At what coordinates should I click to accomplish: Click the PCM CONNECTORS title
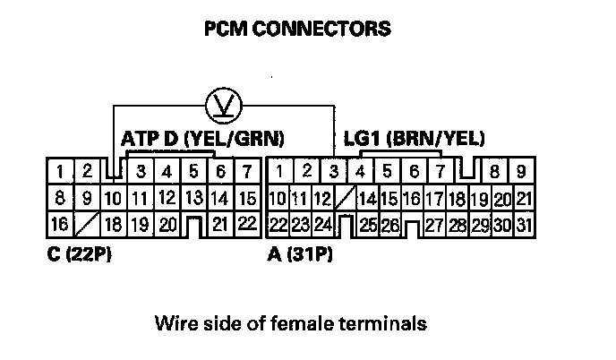[298, 29]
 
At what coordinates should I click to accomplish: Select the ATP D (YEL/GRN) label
[203, 139]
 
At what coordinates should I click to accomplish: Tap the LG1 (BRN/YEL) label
[415, 139]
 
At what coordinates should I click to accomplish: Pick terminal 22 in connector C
[248, 223]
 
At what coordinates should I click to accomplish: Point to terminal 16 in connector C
[58, 224]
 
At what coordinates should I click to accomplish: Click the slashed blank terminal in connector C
[86, 224]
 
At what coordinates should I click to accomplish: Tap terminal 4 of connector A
[360, 170]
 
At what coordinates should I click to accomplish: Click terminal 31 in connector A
[525, 225]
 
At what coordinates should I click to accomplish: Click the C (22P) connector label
[73, 256]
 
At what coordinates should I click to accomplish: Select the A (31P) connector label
[300, 256]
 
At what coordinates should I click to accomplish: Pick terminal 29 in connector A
[482, 225]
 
